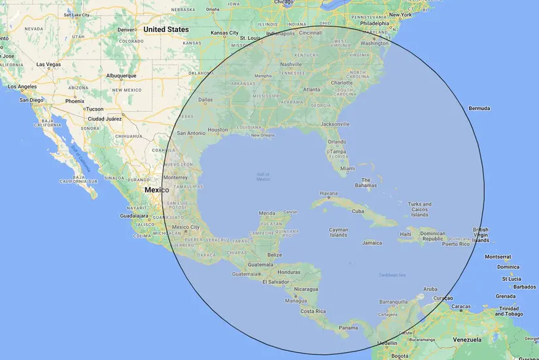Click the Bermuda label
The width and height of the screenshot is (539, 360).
(x=479, y=108)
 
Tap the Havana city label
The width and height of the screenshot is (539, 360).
(x=328, y=194)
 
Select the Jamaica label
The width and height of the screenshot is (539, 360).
(x=372, y=243)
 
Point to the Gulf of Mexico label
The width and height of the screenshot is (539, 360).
(x=263, y=176)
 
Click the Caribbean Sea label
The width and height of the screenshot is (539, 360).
(x=392, y=275)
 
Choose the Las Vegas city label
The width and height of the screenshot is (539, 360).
(x=49, y=65)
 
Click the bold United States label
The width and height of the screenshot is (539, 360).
(x=166, y=29)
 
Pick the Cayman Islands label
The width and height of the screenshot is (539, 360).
(x=338, y=232)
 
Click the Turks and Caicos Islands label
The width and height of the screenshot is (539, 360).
(x=419, y=209)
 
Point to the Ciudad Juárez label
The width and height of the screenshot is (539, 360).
(x=105, y=118)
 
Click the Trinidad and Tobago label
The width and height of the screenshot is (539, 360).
(x=509, y=311)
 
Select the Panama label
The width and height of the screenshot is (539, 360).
(x=348, y=328)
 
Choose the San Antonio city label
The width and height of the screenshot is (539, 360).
(x=192, y=133)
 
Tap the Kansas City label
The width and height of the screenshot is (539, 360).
(x=224, y=33)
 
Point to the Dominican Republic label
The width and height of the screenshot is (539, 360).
(x=432, y=236)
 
